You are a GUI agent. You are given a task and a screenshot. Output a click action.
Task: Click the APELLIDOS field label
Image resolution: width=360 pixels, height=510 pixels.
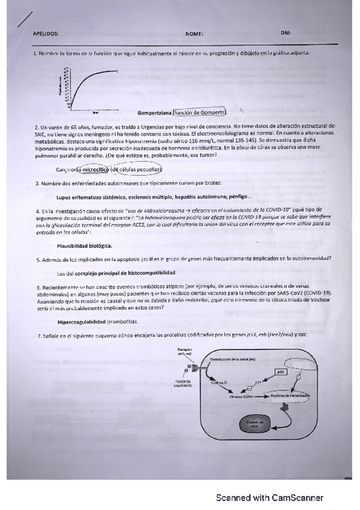tap(46, 34)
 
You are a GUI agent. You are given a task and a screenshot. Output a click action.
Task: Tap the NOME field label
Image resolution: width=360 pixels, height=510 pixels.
tap(194, 34)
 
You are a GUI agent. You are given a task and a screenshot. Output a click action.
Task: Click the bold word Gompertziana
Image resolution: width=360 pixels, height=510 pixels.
tap(154, 112)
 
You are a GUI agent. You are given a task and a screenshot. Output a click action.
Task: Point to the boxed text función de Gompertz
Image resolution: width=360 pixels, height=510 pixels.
tap(199, 112)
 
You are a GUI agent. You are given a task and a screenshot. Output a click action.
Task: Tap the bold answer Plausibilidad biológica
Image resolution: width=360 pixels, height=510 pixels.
tap(84, 245)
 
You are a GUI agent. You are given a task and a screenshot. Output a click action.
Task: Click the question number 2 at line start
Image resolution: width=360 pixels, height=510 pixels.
tap(35, 127)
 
